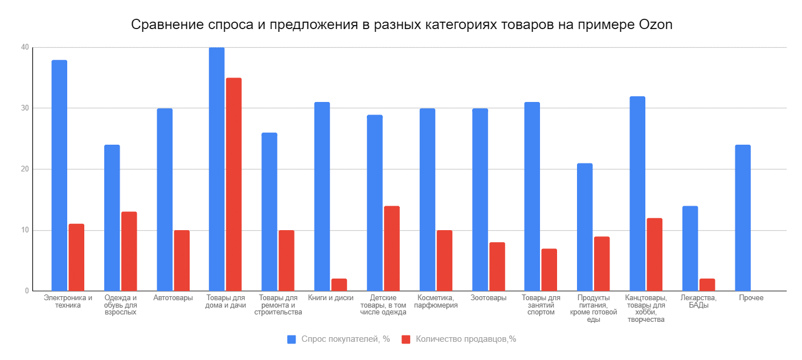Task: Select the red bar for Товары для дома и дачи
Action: point(234,185)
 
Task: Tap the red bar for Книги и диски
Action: point(339,285)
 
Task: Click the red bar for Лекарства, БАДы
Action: point(707,285)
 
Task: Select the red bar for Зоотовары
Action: point(497,267)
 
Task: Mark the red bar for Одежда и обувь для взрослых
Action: point(129,251)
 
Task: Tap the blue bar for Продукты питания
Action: point(584,227)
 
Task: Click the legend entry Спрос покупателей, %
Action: point(338,339)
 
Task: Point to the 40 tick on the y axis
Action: point(25,47)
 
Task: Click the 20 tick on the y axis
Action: point(25,169)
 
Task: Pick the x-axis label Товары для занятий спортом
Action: point(541,305)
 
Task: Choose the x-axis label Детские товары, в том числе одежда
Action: point(383,305)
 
